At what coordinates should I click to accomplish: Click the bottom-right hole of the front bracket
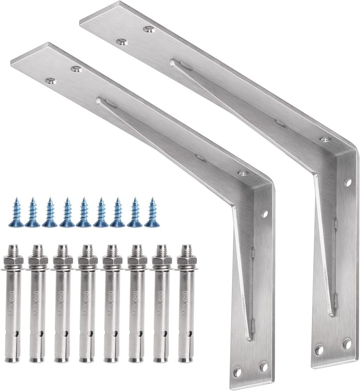(x=263, y=366)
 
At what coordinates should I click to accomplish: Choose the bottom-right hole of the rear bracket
(x=346, y=344)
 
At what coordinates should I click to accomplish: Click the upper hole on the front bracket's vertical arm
(x=265, y=214)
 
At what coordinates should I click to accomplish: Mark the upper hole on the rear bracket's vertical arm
(x=347, y=182)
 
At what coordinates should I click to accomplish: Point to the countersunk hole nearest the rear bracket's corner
(x=324, y=139)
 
